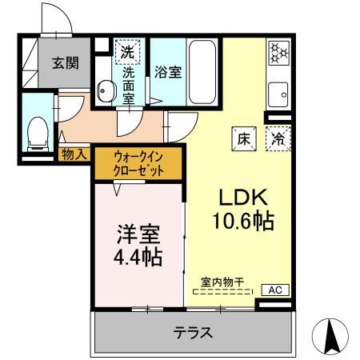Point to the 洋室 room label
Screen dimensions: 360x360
[140, 236]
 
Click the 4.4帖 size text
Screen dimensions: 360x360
[140, 258]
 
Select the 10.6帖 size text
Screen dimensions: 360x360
[243, 220]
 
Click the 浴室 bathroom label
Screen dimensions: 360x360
[169, 71]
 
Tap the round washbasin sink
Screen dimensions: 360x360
[105, 91]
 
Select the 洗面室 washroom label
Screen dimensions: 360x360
[128, 84]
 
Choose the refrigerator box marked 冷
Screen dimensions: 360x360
[278, 138]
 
